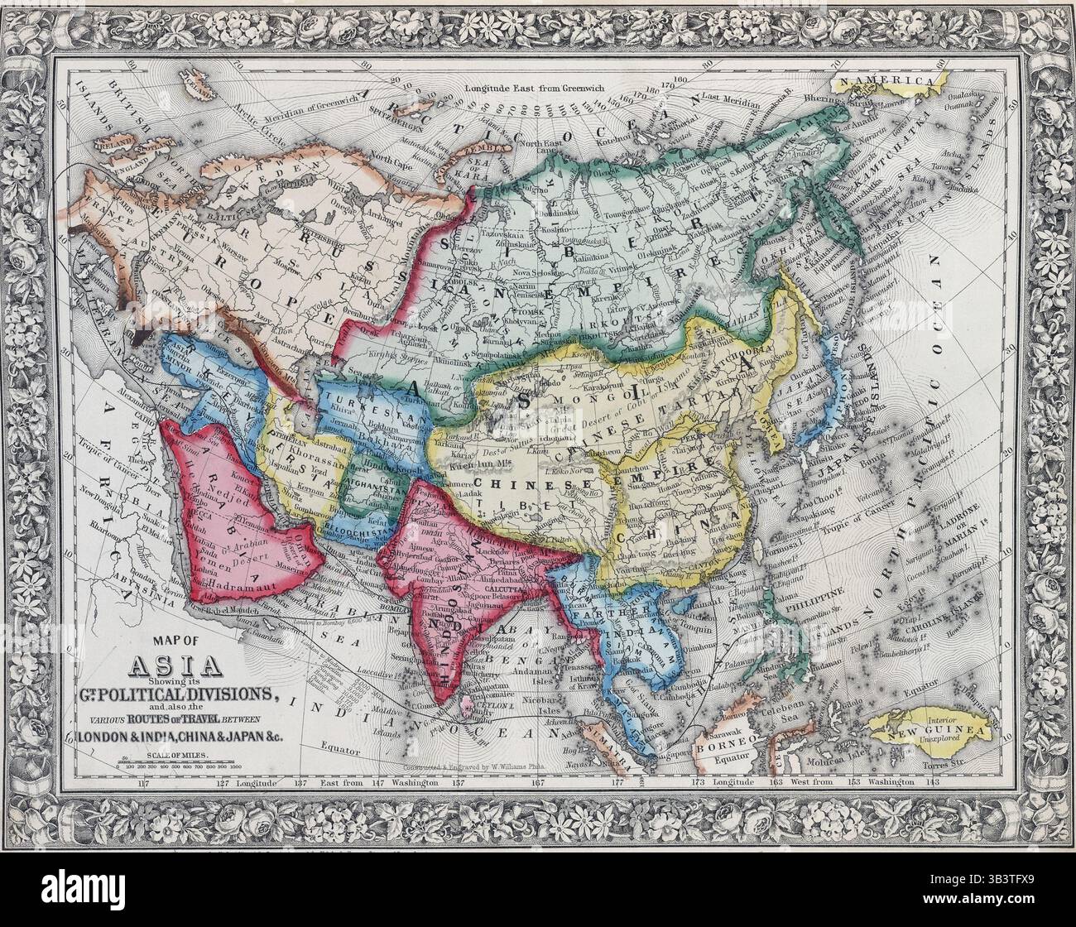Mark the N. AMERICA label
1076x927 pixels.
[891, 82]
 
